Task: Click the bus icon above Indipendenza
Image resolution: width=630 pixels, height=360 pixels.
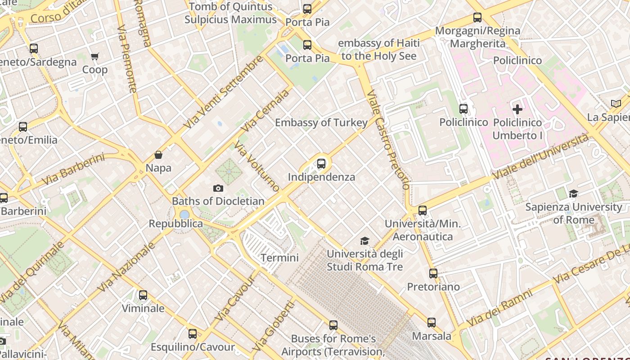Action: (321, 164)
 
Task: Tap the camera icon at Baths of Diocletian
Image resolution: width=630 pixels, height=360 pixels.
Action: (218, 188)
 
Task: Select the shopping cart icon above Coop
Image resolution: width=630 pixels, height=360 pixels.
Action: (94, 57)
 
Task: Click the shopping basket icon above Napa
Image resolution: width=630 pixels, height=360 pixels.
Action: (158, 155)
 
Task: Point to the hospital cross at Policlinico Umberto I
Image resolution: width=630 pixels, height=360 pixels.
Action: (517, 109)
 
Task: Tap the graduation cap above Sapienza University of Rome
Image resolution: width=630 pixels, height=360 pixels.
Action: (573, 194)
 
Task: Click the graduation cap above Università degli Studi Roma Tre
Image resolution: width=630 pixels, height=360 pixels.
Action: (364, 241)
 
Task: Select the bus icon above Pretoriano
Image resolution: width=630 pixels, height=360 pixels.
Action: (433, 273)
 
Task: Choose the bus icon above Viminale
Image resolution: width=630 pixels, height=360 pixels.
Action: (143, 295)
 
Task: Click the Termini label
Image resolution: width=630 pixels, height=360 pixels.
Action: (279, 258)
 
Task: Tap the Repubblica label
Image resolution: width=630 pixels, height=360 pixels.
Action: (176, 224)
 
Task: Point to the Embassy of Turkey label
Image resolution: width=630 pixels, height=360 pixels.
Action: (321, 122)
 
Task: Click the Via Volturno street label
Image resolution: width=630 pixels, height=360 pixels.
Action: (257, 167)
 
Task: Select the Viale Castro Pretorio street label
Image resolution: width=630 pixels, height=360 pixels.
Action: (388, 139)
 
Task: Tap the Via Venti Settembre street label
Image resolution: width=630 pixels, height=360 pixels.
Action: (224, 92)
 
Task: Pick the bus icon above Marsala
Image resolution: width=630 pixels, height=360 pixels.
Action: (432, 322)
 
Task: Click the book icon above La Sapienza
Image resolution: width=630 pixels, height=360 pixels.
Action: (616, 104)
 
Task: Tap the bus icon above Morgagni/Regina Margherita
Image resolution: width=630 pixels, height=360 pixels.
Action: (477, 18)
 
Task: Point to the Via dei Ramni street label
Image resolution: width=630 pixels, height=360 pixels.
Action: (500, 307)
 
